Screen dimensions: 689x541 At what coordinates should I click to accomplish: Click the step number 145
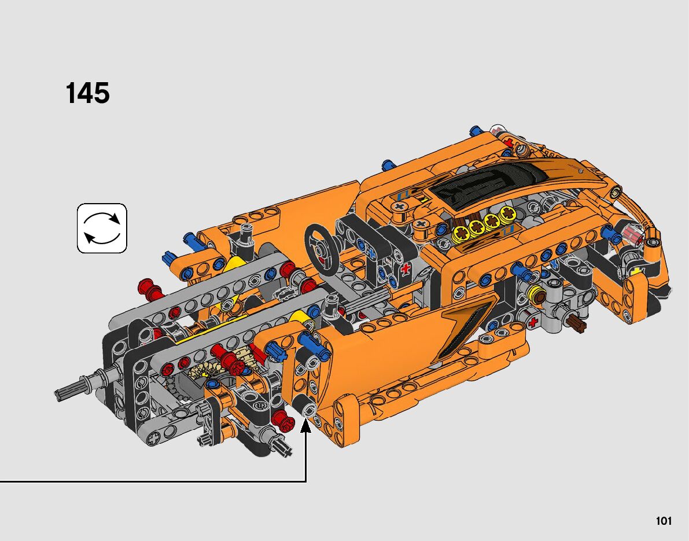click(x=87, y=93)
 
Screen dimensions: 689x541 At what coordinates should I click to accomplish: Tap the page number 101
click(x=664, y=521)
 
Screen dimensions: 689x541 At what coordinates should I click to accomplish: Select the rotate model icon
click(x=102, y=228)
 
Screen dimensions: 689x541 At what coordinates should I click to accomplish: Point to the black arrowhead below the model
click(x=306, y=425)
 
